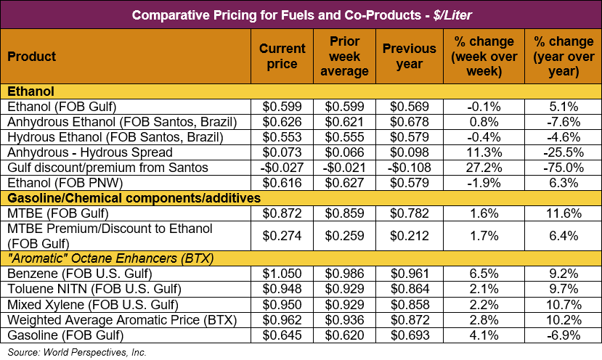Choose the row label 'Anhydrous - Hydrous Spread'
click(90, 152)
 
